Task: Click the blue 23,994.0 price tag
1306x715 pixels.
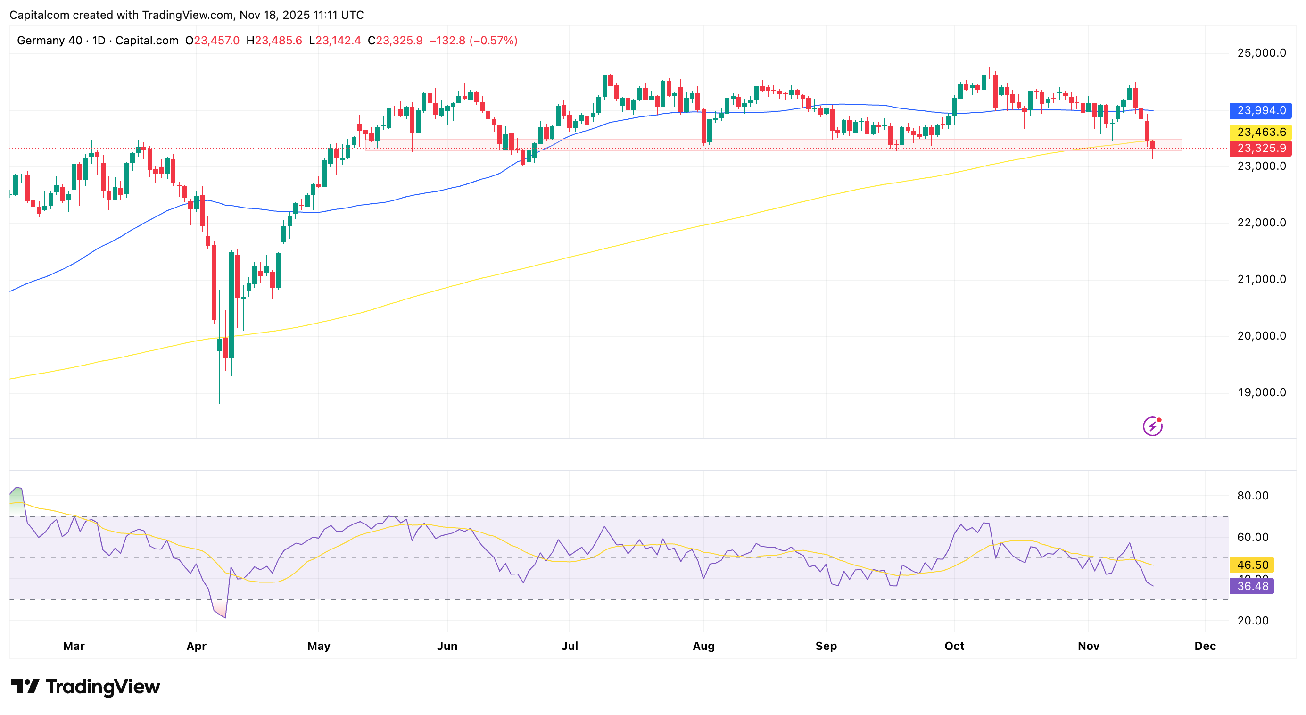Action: (x=1260, y=110)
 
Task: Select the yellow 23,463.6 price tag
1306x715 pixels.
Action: (x=1260, y=133)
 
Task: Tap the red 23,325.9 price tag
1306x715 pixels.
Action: (x=1260, y=148)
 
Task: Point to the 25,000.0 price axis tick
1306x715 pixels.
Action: (x=1261, y=53)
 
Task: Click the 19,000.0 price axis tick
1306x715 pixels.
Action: (x=1261, y=392)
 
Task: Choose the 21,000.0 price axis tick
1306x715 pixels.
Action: (x=1261, y=279)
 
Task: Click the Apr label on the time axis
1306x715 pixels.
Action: (x=196, y=646)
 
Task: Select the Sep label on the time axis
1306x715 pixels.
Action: (x=826, y=646)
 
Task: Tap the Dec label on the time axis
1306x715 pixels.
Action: (x=1205, y=646)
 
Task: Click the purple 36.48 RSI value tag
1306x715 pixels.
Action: (x=1252, y=586)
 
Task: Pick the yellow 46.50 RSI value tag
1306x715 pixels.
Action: (x=1252, y=565)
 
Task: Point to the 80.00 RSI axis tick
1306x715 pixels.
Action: (x=1252, y=495)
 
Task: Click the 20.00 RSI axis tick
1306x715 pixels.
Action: (x=1252, y=620)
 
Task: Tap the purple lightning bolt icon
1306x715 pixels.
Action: (x=1152, y=426)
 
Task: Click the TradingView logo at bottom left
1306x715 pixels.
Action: (x=85, y=687)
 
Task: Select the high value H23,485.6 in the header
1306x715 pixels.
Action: (x=274, y=41)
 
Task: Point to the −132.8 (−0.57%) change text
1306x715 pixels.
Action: (x=473, y=41)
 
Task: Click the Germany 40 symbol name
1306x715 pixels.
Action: (x=49, y=41)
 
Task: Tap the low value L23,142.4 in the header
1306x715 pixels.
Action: (x=335, y=41)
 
